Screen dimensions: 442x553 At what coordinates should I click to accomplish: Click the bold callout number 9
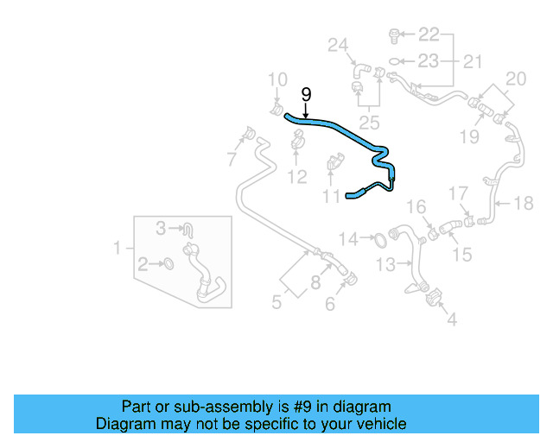305,95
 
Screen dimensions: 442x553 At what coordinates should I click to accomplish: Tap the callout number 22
429,35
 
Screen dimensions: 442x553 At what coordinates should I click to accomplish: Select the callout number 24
337,45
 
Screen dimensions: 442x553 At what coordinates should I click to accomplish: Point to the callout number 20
515,79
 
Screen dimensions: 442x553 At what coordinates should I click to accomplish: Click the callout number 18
524,204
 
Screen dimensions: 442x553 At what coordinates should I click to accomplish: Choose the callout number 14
348,238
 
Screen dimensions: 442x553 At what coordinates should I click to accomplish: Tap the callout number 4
452,319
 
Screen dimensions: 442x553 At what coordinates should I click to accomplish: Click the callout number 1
118,249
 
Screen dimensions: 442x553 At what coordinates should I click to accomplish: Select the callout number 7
232,159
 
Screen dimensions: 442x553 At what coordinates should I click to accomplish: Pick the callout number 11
332,197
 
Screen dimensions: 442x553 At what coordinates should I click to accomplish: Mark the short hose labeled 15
451,228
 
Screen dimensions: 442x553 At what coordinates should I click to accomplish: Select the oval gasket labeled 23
393,60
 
